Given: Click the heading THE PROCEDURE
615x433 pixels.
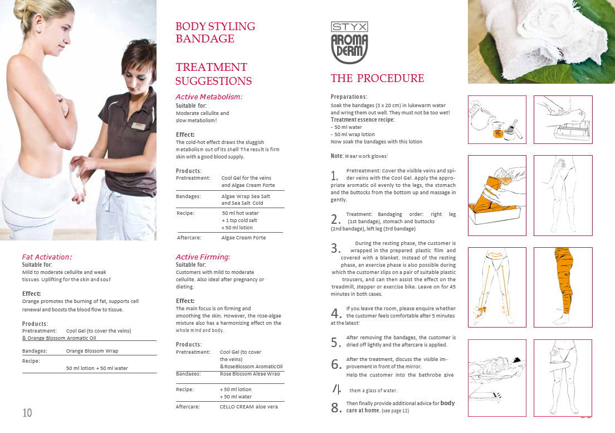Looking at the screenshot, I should (x=377, y=78).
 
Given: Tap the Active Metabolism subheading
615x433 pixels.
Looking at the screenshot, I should (x=209, y=97).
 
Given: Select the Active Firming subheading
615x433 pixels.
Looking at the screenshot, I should (x=203, y=257).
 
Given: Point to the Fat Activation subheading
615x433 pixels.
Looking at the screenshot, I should (x=47, y=257).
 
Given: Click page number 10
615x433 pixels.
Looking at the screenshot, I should (x=27, y=413).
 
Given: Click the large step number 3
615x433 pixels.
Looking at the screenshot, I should (x=335, y=248).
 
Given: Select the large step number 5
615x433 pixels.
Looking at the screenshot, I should (x=335, y=342).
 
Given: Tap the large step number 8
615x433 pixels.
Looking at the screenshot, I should (x=335, y=408).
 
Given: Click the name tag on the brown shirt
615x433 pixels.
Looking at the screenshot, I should (x=139, y=126).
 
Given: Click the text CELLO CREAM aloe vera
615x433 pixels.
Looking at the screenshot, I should (x=248, y=407).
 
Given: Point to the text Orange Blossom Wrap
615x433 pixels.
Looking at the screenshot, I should (x=92, y=351).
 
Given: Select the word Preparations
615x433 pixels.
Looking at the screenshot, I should (x=349, y=97).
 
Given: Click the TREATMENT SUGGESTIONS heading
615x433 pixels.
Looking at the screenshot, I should (x=213, y=74).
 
